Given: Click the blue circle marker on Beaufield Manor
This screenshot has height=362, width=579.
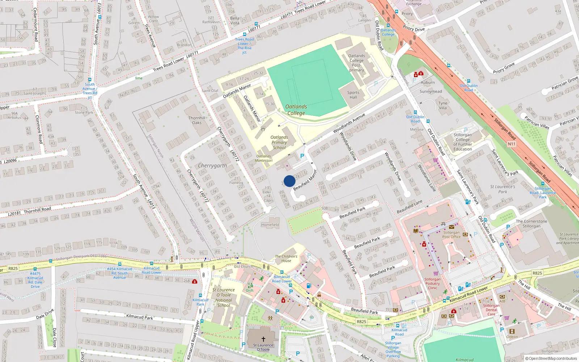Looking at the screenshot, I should pos(289,181).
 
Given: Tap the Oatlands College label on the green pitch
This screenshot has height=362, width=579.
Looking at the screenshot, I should pos(296,110).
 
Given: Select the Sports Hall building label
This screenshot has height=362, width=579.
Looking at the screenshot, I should pos(353,95).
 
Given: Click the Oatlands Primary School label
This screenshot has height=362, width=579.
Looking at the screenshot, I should pos(279,142).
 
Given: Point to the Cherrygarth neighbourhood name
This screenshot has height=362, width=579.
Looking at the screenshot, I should pos(212,165).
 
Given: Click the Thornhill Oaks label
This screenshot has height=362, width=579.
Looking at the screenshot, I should pos(196,120).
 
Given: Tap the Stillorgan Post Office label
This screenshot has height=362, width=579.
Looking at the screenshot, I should pos(451,235).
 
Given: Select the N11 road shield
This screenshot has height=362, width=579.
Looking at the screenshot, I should pos(511,144).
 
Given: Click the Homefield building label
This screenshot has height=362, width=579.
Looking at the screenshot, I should pos(270,225).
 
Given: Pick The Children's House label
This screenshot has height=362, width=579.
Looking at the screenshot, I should pos(286,258).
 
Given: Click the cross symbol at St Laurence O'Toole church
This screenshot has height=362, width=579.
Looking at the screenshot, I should pos(263,339).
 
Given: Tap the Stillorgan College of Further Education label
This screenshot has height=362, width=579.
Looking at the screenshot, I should pos(462,142).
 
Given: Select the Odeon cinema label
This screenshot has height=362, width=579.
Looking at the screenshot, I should pos(512,337).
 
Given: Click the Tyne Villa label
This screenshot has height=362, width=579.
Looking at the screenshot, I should pos(443,105).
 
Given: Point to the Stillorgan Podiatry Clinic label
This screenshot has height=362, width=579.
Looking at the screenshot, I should pos(432,283).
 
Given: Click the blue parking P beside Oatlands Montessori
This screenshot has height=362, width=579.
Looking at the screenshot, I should pos(302,156).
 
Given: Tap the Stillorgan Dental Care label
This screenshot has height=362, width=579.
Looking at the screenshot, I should pos(491,310).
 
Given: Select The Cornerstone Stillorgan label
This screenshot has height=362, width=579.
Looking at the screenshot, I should pos(531,224).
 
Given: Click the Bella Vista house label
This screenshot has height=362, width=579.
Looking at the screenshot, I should pos(234,21).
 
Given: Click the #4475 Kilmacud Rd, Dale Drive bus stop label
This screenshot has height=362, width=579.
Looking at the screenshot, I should pos(35,280).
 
